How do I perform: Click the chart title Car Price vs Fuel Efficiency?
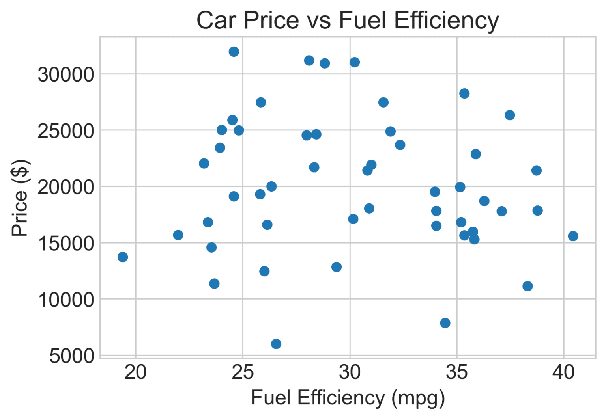click(x=348, y=20)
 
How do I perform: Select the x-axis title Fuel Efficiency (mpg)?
click(x=348, y=398)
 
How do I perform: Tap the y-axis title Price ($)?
click(x=20, y=198)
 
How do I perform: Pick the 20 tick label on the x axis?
click(x=135, y=372)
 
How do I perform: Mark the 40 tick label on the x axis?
click(x=563, y=372)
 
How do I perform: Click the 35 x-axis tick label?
click(x=457, y=372)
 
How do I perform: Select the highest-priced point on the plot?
click(x=234, y=52)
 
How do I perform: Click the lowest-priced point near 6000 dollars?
click(x=276, y=344)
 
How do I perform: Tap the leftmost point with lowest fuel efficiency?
click(x=123, y=257)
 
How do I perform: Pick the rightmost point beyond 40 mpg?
click(x=573, y=236)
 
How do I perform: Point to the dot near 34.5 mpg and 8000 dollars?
click(x=445, y=323)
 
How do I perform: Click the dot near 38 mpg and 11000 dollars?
click(x=527, y=286)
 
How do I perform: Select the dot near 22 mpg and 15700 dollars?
click(x=178, y=235)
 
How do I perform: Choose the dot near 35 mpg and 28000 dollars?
click(x=464, y=93)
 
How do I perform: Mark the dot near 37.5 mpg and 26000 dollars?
click(x=510, y=115)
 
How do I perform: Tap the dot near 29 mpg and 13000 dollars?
click(x=337, y=267)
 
